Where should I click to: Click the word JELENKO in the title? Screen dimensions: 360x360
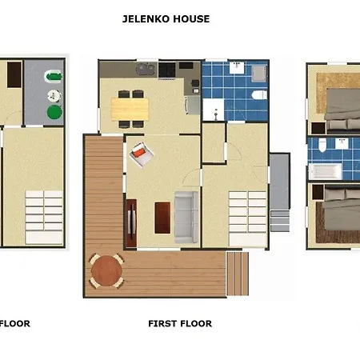click(x=146, y=19)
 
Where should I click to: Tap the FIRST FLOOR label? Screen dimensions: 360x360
click(x=180, y=323)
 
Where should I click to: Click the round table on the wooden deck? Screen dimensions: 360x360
click(x=106, y=270)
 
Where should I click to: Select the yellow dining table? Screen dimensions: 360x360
click(x=130, y=109)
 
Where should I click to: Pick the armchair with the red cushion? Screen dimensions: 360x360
click(x=142, y=154)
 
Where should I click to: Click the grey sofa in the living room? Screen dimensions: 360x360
click(x=186, y=218)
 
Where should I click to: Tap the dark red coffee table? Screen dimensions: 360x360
click(x=162, y=218)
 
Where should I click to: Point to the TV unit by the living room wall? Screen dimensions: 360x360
click(x=131, y=222)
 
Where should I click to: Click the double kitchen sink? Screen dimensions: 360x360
click(x=146, y=70)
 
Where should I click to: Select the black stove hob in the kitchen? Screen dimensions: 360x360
click(x=167, y=70)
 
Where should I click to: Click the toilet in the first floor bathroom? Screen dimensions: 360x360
click(x=259, y=94)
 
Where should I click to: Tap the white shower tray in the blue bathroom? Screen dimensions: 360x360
click(x=214, y=110)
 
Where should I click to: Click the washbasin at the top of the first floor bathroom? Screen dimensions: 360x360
click(x=237, y=68)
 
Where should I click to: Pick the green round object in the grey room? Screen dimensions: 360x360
click(x=54, y=112)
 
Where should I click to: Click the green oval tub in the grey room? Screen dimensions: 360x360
click(x=53, y=77)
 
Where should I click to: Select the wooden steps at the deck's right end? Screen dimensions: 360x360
click(x=238, y=274)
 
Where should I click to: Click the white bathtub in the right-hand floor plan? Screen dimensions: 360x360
click(x=326, y=171)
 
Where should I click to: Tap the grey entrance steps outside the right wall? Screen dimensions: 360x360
click(x=280, y=221)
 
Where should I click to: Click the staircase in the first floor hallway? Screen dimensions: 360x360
click(x=248, y=218)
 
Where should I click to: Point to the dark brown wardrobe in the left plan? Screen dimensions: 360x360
click(x=14, y=75)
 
